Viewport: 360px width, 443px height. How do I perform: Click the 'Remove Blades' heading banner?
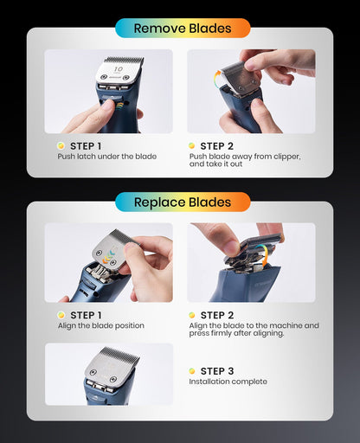[183, 29]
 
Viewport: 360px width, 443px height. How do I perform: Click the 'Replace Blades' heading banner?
[183, 202]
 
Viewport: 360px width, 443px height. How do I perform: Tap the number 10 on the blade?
[119, 69]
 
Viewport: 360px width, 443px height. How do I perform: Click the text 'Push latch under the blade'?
[107, 157]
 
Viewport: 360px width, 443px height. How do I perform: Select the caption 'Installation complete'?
[228, 382]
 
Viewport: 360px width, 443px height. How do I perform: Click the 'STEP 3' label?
[217, 371]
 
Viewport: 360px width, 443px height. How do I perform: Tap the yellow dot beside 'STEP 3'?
[192, 371]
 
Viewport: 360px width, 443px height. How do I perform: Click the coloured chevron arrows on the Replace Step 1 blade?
[109, 256]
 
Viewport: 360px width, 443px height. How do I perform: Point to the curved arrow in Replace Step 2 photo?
[264, 254]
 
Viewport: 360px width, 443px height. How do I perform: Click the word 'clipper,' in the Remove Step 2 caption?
[287, 157]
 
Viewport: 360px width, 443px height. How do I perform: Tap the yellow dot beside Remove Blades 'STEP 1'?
[61, 146]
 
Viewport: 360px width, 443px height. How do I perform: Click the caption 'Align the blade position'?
[101, 325]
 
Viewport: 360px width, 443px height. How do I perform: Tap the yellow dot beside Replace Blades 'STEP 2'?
[192, 315]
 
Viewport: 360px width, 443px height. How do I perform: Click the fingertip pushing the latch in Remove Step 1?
[107, 105]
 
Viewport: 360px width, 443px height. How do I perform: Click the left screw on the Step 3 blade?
[93, 372]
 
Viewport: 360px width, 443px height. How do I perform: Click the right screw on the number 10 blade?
[126, 78]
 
